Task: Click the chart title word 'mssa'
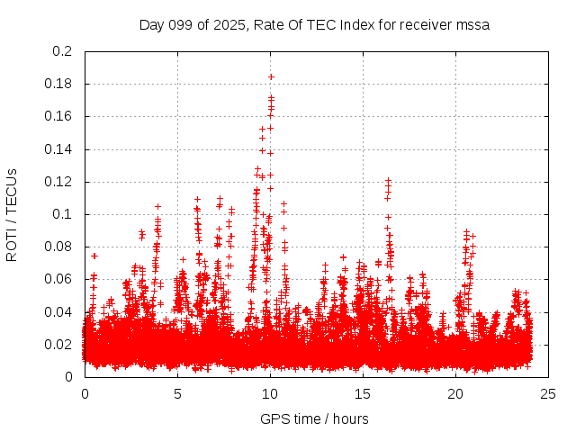tap(472, 24)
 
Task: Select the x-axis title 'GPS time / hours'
tap(314, 418)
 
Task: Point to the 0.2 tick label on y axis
tap(62, 51)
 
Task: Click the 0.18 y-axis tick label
tap(58, 84)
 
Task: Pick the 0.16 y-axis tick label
tap(58, 116)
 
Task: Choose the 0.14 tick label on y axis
tap(58, 148)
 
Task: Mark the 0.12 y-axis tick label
tap(58, 182)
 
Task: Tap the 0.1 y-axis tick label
tap(62, 214)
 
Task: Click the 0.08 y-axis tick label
tap(58, 247)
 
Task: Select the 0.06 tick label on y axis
tap(58, 279)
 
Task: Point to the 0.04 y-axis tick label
tap(58, 311)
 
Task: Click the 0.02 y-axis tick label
tap(58, 344)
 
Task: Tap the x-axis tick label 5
tap(177, 393)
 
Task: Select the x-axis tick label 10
tap(270, 393)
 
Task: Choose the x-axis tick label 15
tap(363, 393)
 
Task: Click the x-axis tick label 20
tap(456, 393)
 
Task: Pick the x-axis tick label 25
tap(549, 393)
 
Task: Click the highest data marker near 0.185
tap(271, 76)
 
